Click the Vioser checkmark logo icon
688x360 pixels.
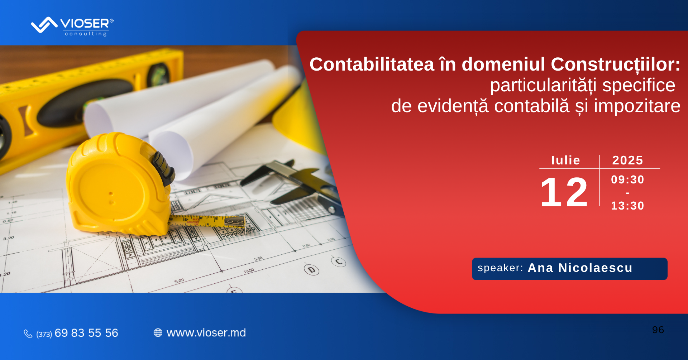point(44,25)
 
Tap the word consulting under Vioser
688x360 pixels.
point(86,34)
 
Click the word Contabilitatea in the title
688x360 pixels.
point(372,64)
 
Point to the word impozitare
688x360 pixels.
point(637,106)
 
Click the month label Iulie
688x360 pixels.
point(565,160)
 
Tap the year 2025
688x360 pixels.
point(627,160)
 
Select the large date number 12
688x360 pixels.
point(564,192)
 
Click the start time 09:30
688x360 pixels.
point(627,179)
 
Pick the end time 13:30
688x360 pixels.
point(627,206)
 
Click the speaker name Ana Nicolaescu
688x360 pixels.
point(580,268)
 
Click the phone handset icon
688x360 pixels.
point(28,333)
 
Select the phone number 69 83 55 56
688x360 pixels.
point(86,333)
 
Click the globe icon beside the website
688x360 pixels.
point(158,333)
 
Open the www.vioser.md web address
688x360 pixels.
point(206,333)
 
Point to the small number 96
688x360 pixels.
point(658,330)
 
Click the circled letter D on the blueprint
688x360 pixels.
point(311,269)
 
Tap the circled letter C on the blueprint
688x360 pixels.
point(339,262)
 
